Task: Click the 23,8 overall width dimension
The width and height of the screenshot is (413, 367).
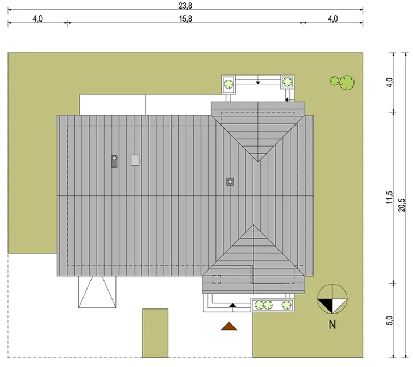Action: pyautogui.click(x=185, y=6)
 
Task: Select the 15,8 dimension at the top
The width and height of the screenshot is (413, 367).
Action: pyautogui.click(x=186, y=19)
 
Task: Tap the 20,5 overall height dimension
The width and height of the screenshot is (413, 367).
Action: pyautogui.click(x=402, y=205)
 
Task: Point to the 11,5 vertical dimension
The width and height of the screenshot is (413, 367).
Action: pyautogui.click(x=389, y=197)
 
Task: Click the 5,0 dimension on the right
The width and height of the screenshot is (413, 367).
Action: pyautogui.click(x=389, y=320)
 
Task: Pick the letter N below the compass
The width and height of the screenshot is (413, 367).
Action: pyautogui.click(x=332, y=324)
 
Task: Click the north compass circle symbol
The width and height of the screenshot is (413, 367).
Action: pyautogui.click(x=332, y=299)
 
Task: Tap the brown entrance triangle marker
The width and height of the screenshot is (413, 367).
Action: pyautogui.click(x=229, y=326)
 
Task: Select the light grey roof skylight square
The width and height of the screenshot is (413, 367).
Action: pyautogui.click(x=135, y=160)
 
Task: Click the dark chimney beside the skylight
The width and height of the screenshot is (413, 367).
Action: pyautogui.click(x=114, y=161)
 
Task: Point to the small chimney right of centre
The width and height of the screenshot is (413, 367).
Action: pyautogui.click(x=230, y=182)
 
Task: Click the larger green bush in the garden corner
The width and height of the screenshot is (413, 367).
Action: pyautogui.click(x=347, y=82)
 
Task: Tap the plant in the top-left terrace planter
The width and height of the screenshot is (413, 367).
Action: pyautogui.click(x=229, y=84)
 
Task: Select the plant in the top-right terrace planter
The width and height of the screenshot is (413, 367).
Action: pyautogui.click(x=288, y=82)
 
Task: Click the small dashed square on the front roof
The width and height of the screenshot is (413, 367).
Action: pyautogui.click(x=217, y=279)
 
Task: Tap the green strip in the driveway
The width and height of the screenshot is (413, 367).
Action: pyautogui.click(x=155, y=333)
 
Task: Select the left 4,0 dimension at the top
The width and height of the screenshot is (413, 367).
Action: pyautogui.click(x=38, y=19)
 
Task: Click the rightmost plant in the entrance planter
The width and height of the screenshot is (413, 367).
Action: pyautogui.click(x=286, y=305)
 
